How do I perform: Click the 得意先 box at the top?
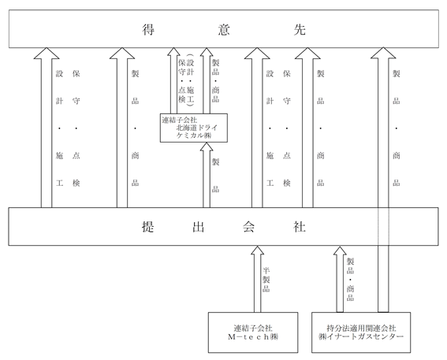pyautogui.click(x=224, y=29)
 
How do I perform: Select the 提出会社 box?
pyautogui.click(x=223, y=226)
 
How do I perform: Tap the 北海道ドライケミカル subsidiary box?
pyautogui.click(x=194, y=128)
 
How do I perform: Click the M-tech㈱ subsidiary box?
pyautogui.click(x=253, y=332)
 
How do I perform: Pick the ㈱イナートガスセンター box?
pyautogui.click(x=361, y=332)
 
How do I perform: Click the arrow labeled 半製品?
pyautogui.click(x=258, y=279)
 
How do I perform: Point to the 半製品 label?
pyautogui.click(x=266, y=280)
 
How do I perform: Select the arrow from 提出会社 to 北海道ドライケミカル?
pyautogui.click(x=207, y=175)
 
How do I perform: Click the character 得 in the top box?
pyautogui.click(x=148, y=29)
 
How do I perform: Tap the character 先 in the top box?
pyautogui.click(x=300, y=29)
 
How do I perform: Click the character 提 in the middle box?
pyautogui.click(x=148, y=227)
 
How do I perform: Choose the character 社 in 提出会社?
pyautogui.click(x=299, y=227)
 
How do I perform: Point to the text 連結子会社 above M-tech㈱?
pyautogui.click(x=253, y=328)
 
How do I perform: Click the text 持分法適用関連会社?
pyautogui.click(x=361, y=328)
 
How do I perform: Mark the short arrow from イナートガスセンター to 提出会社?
pyautogui.click(x=340, y=279)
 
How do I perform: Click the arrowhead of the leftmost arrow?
pyautogui.click(x=47, y=54)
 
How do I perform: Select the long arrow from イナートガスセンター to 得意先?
pyautogui.click(x=383, y=180)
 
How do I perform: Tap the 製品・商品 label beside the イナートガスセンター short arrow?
pyautogui.click(x=350, y=280)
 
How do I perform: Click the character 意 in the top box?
pyautogui.click(x=224, y=29)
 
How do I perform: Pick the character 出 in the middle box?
pyautogui.click(x=198, y=227)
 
